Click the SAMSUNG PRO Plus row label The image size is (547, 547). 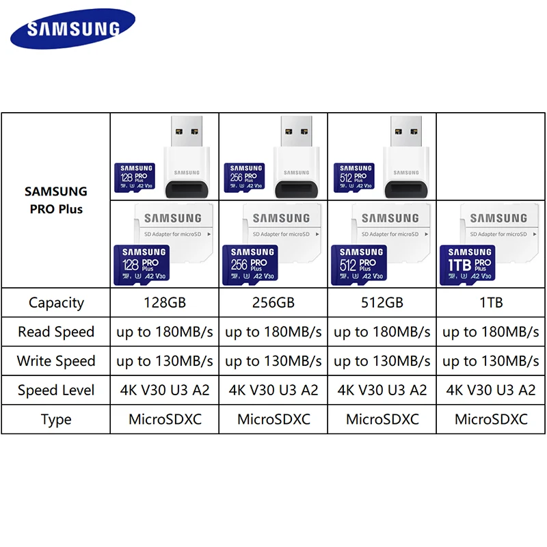point(55,200)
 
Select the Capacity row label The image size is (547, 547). point(55,302)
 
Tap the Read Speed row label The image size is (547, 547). point(55,332)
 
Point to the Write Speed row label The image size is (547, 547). point(55,361)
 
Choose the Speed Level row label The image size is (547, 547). point(55,390)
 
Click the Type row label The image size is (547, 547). point(55,419)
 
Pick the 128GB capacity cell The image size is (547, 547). point(164,302)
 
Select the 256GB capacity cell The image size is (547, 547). point(273,302)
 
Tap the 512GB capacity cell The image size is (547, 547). point(382,302)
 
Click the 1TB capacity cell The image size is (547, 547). point(491,302)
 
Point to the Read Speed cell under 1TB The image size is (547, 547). point(491,332)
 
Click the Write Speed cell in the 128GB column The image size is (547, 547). point(164,361)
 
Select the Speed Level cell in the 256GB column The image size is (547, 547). point(273,390)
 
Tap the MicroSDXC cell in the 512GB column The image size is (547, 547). point(382,419)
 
